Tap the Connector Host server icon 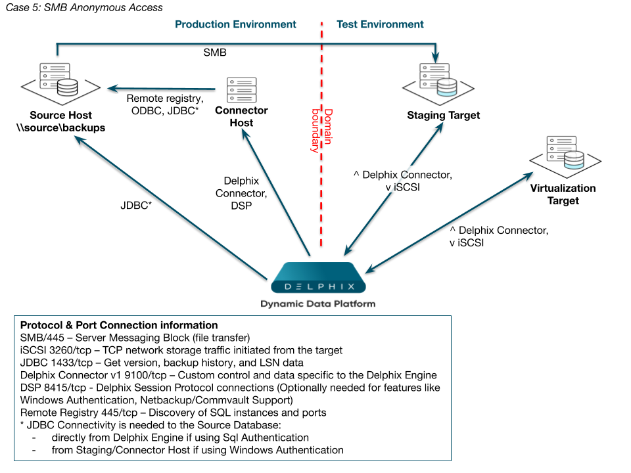tap(241, 90)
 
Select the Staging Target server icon tap(438, 81)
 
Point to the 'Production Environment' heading tap(235, 24)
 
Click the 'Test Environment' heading tap(380, 24)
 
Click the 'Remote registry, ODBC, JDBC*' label tap(164, 105)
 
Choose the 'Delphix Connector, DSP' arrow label tap(241, 193)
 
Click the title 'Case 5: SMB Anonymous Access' tap(84, 8)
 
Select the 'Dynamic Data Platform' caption tap(317, 304)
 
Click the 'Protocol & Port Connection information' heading tap(119, 325)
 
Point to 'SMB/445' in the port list tap(41, 338)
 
